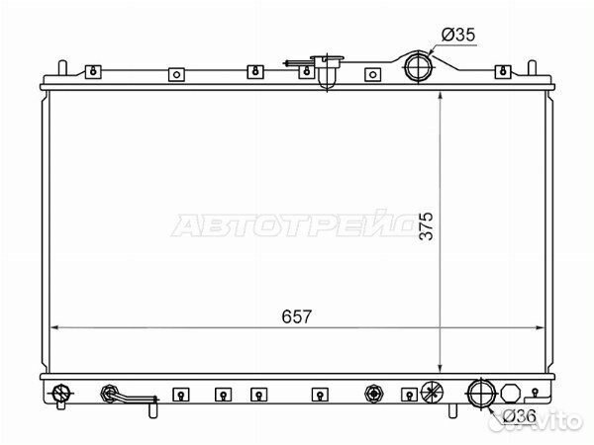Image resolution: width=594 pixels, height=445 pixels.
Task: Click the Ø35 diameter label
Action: [458, 35]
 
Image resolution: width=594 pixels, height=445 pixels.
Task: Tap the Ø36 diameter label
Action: [520, 416]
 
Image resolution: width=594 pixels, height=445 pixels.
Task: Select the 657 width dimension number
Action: [297, 316]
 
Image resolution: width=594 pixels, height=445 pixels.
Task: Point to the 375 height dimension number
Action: [427, 225]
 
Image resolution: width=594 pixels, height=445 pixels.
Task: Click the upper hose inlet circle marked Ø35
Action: [418, 67]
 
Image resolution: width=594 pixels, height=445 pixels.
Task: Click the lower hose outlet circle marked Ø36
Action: [481, 394]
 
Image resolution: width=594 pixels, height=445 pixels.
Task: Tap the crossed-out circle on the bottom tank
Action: [432, 393]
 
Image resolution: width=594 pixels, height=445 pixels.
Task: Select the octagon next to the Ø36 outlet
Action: [511, 394]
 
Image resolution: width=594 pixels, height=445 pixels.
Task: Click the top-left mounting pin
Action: [63, 67]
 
